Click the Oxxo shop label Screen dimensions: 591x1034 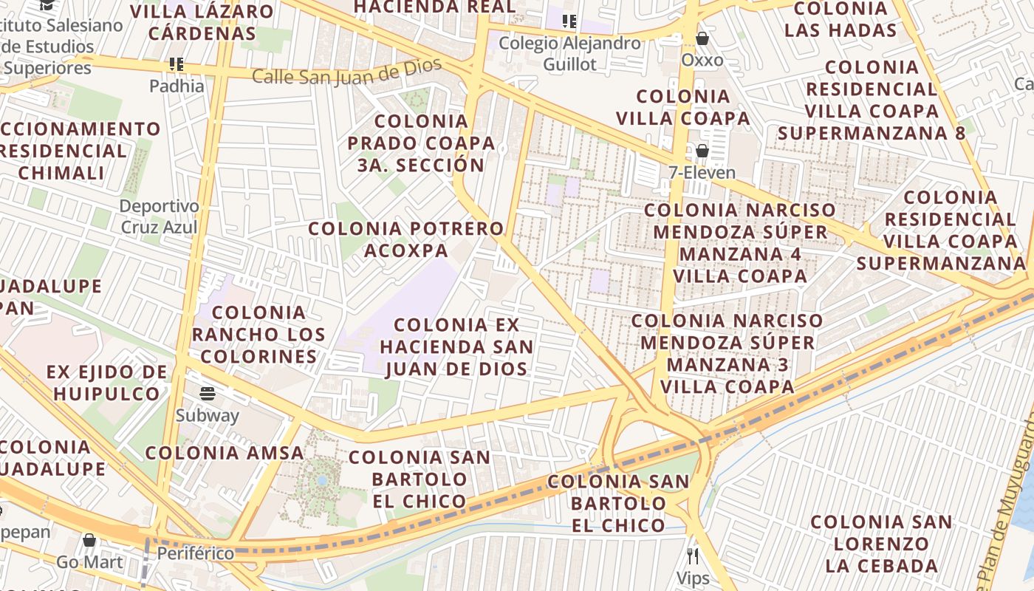click(x=702, y=60)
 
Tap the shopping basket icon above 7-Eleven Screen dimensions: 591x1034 click(x=702, y=151)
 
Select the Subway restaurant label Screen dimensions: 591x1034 click(x=207, y=415)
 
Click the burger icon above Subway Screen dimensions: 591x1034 click(x=208, y=393)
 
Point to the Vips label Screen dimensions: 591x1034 click(x=693, y=578)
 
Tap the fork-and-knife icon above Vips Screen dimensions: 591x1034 click(x=693, y=556)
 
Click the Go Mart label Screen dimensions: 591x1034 click(x=90, y=562)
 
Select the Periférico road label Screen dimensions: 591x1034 click(x=196, y=553)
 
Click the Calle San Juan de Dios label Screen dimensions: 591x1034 click(x=347, y=73)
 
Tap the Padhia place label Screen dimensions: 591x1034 click(x=177, y=86)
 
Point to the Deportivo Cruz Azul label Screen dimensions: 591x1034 click(x=160, y=216)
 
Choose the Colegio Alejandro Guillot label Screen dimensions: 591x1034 click(x=569, y=53)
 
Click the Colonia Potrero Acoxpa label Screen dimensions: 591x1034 click(x=406, y=239)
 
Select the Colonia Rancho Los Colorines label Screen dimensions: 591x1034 click(x=258, y=335)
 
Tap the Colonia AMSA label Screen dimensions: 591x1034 click(x=225, y=453)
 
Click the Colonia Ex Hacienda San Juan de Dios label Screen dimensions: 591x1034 click(x=456, y=346)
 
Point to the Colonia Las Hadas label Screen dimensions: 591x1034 click(x=840, y=19)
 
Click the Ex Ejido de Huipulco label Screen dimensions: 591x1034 click(x=107, y=382)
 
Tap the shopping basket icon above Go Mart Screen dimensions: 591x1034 click(x=89, y=540)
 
